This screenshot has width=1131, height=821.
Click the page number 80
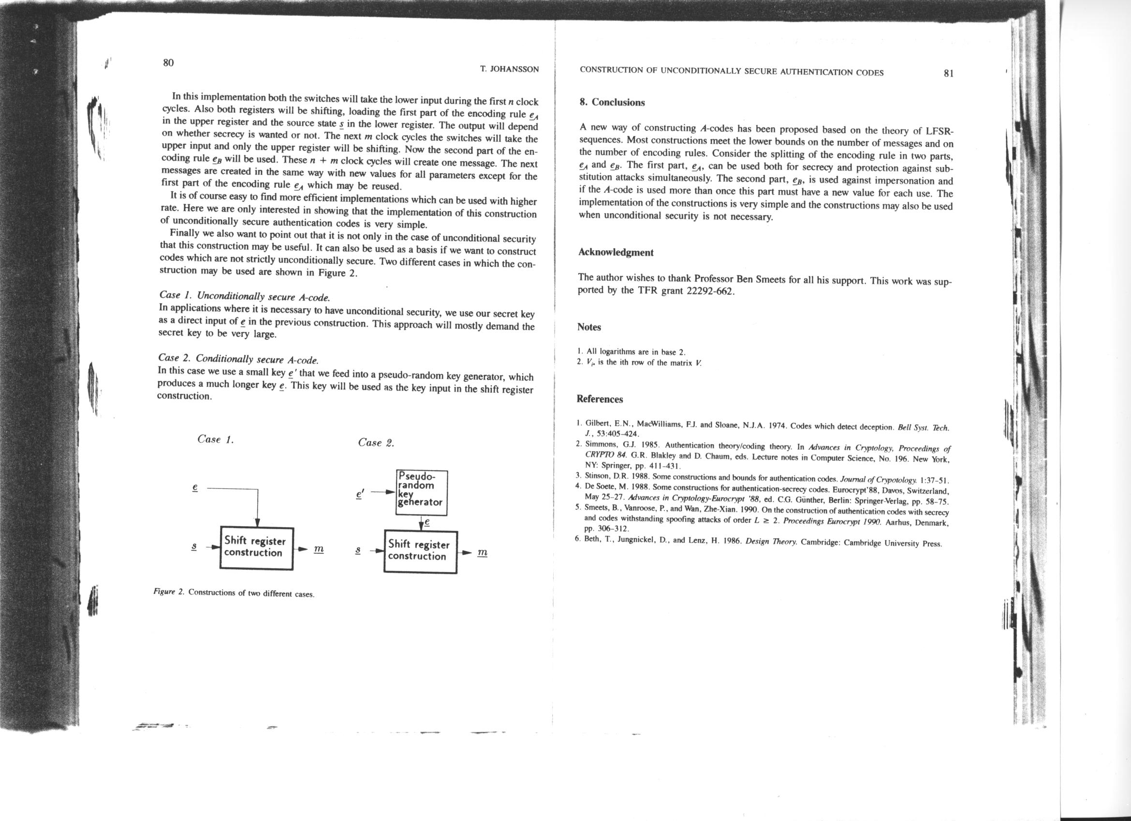(168, 63)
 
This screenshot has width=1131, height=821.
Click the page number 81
(949, 74)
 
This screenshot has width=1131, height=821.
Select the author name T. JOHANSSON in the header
(509, 69)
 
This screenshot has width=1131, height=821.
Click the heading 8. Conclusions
(612, 102)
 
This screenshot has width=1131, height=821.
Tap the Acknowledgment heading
(616, 252)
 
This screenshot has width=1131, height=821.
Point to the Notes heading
(589, 327)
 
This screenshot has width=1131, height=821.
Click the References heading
(600, 399)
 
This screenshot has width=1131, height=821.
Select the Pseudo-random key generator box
(421, 493)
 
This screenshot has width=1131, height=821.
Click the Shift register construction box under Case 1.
(256, 548)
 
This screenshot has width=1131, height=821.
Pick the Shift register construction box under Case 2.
(420, 551)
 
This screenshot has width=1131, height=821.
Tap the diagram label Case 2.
(376, 442)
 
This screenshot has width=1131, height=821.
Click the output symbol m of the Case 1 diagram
(319, 549)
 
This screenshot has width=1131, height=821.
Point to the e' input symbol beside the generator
(360, 494)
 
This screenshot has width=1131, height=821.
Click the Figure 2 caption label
(169, 592)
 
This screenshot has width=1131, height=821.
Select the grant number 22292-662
(711, 291)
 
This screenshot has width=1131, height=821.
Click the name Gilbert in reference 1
(596, 423)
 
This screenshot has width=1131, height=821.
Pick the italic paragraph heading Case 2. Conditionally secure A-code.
(238, 359)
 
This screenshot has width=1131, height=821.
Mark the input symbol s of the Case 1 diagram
(194, 547)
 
